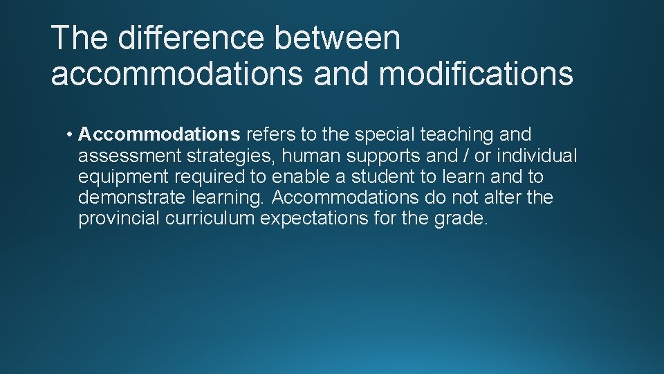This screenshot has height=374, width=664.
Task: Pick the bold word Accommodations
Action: (x=159, y=134)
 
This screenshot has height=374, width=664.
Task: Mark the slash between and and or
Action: (x=457, y=156)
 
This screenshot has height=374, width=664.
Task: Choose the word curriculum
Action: (x=209, y=219)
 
